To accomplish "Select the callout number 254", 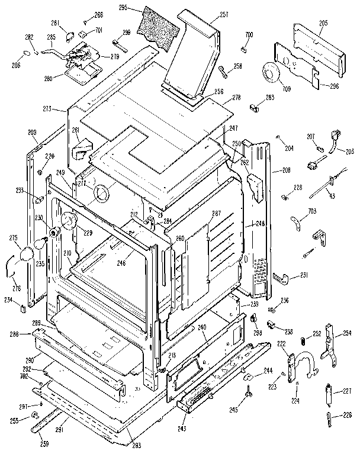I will [347, 333].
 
